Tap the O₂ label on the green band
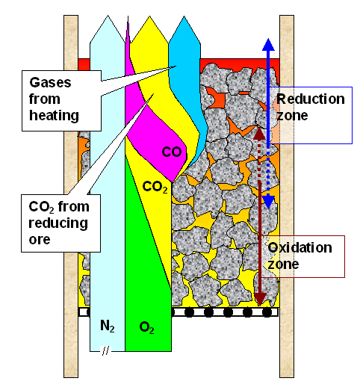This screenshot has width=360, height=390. (146, 326)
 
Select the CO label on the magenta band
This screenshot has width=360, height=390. (172, 152)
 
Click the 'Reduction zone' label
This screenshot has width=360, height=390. (310, 108)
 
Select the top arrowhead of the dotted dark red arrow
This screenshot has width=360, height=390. (260, 132)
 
